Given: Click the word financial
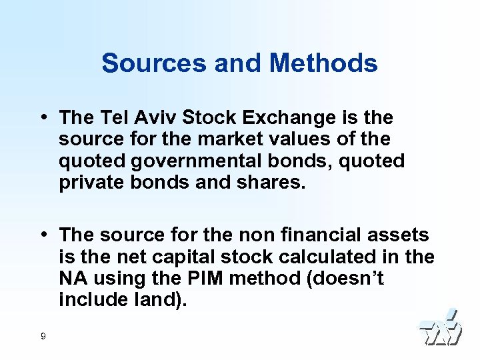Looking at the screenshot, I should (313, 235).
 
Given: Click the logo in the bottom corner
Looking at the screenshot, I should (440, 328).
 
